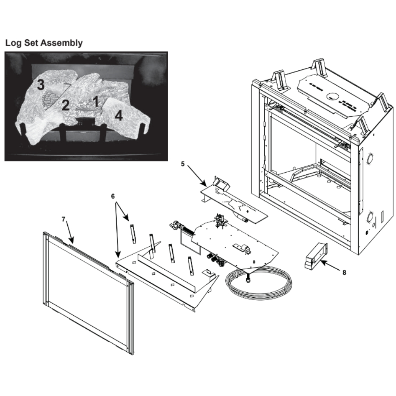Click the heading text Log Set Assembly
[x=44, y=43]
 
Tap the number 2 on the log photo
[x=65, y=105]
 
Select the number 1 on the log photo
[x=95, y=101]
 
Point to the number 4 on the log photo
[x=119, y=116]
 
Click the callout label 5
[x=183, y=164]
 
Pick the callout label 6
[x=113, y=196]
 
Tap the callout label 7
[x=64, y=219]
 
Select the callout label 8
[x=344, y=273]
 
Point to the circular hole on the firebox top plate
[x=333, y=96]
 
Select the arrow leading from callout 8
[x=330, y=267]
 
